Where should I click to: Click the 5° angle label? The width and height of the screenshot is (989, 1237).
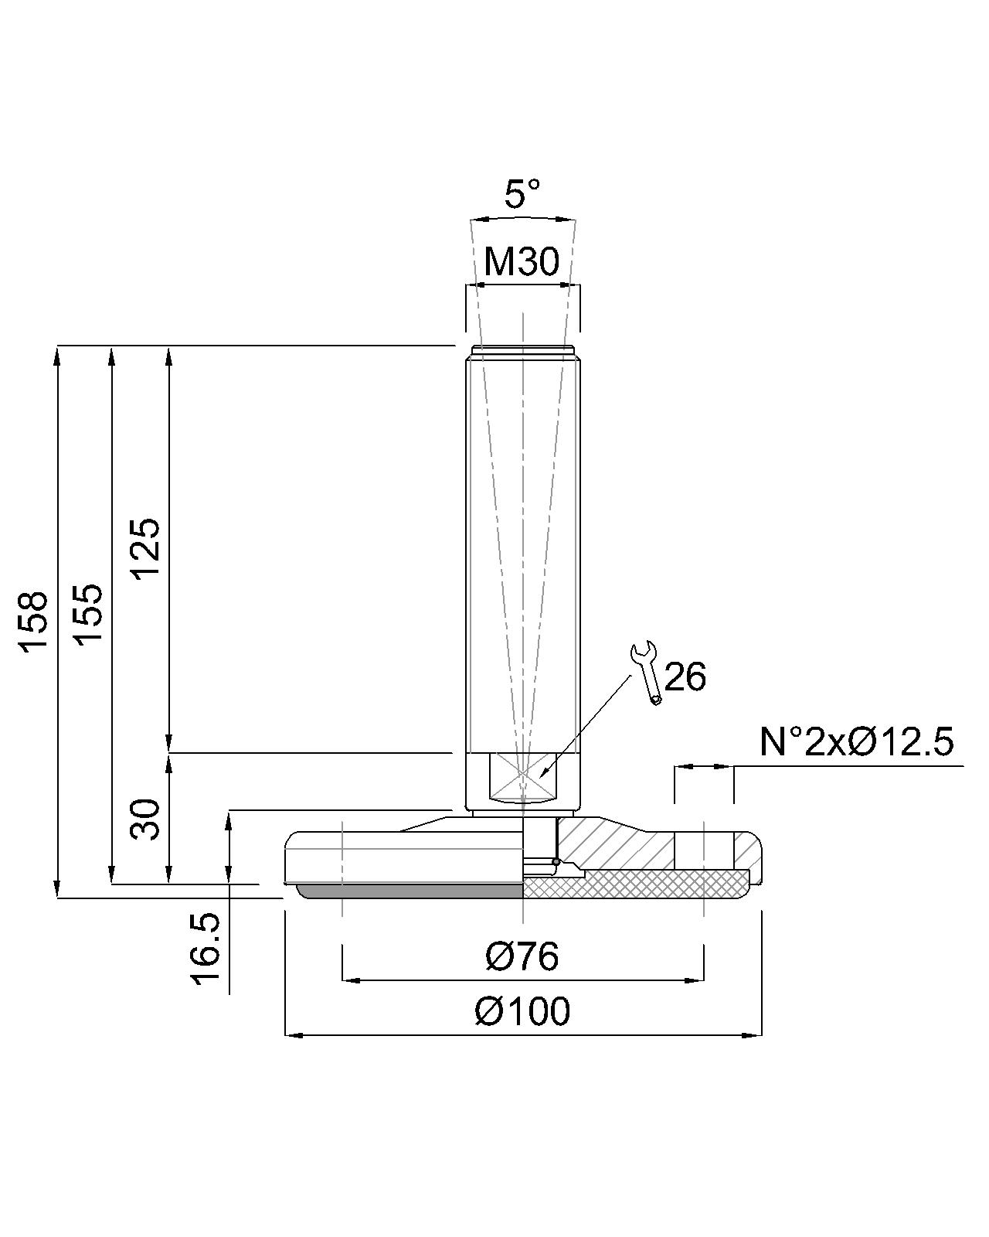click(x=522, y=194)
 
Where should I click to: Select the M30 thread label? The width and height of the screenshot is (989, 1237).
click(x=522, y=261)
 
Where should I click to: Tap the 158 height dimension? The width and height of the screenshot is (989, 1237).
click(x=33, y=622)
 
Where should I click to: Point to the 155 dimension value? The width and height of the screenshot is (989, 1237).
click(x=89, y=615)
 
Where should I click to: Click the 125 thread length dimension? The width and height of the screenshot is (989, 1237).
click(x=144, y=549)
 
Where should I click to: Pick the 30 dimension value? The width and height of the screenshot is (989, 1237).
click(x=144, y=819)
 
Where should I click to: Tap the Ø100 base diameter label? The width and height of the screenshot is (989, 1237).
click(x=522, y=1012)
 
